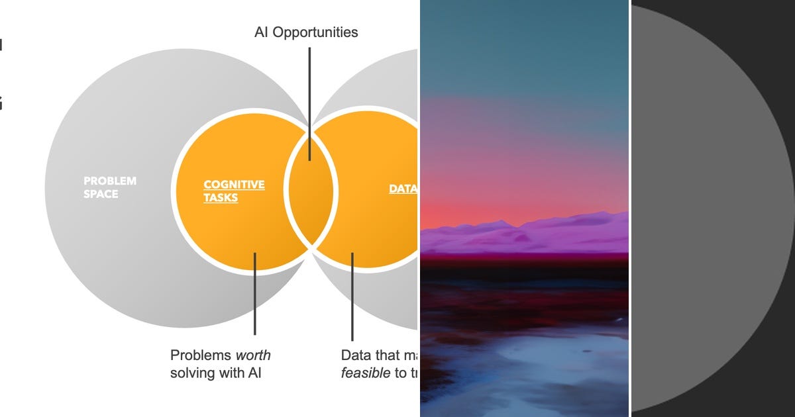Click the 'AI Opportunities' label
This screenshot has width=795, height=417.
click(306, 32)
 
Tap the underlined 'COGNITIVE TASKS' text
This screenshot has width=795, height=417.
click(233, 191)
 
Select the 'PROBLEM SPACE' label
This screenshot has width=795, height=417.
click(109, 187)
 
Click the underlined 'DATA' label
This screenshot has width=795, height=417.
click(403, 189)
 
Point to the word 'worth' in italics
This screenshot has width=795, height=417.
click(253, 355)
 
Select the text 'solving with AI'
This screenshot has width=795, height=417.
click(216, 373)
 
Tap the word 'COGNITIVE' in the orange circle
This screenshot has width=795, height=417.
click(234, 185)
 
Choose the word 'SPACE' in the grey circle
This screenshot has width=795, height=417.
click(101, 195)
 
